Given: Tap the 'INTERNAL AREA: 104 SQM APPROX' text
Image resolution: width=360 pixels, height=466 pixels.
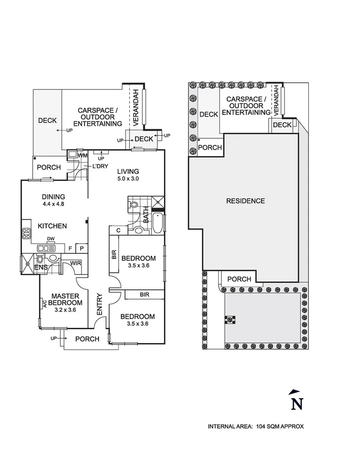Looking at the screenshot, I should click(256, 426).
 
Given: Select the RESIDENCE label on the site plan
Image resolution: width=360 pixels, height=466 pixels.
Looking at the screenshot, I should click(245, 201).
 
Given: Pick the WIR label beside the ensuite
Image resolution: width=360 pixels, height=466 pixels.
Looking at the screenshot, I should click(76, 262).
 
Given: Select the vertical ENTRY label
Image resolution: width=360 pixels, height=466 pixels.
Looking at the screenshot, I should click(99, 304).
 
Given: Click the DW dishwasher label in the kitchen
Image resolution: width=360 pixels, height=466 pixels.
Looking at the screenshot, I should click(50, 239).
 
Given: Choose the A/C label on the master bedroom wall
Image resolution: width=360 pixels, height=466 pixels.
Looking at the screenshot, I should click(44, 304).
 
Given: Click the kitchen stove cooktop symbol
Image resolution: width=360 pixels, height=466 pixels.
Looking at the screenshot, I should click(26, 234).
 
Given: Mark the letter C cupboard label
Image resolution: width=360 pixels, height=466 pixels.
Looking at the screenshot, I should click(118, 230).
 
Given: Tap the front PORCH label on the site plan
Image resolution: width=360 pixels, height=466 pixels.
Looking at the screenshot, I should click(239, 279).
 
